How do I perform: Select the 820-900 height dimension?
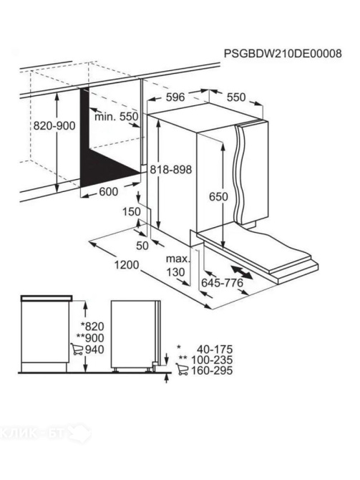point(54,125)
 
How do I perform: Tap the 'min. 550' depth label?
point(117,117)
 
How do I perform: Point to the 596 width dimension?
point(175,97)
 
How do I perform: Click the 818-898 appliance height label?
point(170,169)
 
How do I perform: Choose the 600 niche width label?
point(109,191)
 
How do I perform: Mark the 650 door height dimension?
point(218,196)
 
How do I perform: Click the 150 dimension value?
point(132,211)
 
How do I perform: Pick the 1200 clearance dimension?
point(127,264)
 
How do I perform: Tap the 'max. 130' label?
point(177,265)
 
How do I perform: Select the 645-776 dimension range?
point(222,283)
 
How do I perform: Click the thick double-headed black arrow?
point(242,272)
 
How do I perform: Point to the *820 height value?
point(92,326)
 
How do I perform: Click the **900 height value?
point(90,338)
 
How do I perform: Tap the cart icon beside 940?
point(77,349)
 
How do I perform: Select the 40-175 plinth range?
point(215,349)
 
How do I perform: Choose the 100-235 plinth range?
point(212,360)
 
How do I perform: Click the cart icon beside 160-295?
point(182,369)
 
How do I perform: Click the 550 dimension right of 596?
point(236,97)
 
